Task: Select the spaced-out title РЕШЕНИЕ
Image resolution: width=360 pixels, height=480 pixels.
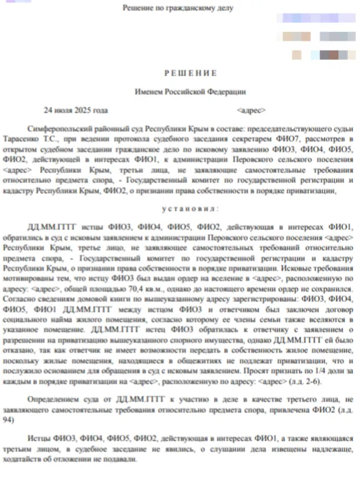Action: (180, 73)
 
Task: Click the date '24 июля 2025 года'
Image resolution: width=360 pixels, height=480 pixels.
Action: (76, 110)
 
